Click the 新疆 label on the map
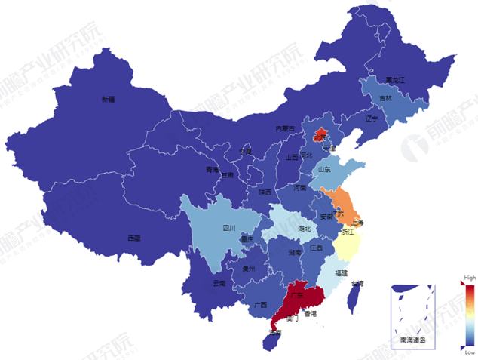point(109,99)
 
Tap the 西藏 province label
point(133,238)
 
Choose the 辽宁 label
point(371,119)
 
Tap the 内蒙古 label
point(283,129)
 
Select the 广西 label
point(261,305)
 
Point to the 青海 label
point(213,170)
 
